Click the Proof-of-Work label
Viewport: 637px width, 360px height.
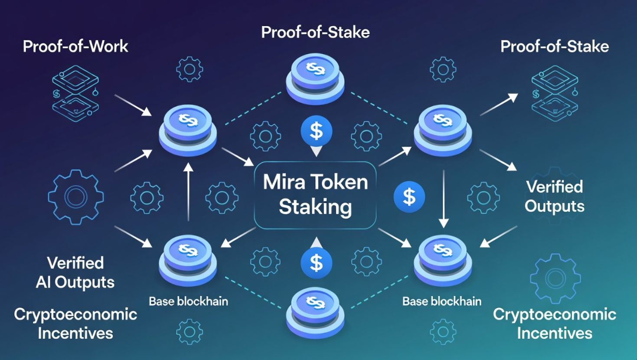tap(75, 46)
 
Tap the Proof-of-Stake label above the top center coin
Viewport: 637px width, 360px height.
tap(315, 33)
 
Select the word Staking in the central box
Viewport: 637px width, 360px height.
tap(315, 207)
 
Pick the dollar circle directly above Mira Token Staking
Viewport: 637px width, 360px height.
tap(316, 131)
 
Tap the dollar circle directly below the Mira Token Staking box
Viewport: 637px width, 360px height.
tap(316, 263)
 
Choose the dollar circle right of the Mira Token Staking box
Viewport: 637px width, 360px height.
tap(409, 197)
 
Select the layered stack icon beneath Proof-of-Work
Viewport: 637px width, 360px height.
tap(75, 93)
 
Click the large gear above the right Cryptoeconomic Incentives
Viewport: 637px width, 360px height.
tap(555, 278)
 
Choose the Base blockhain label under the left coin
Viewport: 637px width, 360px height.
tap(188, 301)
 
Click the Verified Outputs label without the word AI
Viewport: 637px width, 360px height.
tap(555, 196)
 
